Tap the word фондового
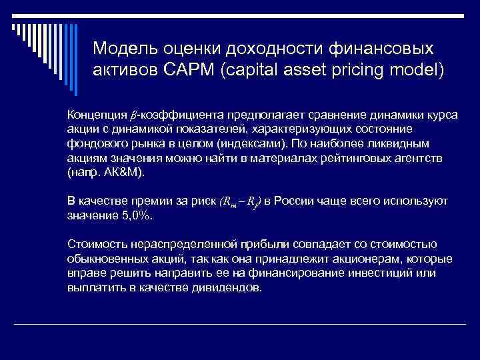pos(94,143)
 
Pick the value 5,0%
pos(134,215)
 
